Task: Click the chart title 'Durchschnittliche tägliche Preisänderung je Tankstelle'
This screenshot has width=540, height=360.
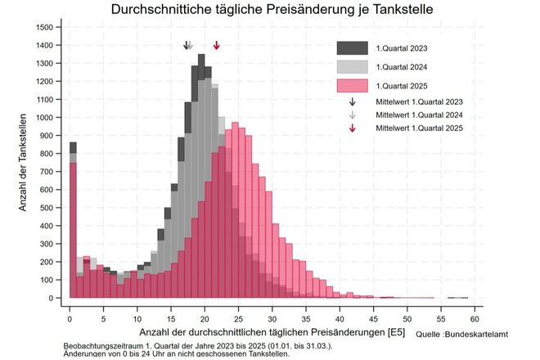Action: click(x=273, y=10)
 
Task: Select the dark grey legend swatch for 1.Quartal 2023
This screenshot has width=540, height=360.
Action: click(x=353, y=48)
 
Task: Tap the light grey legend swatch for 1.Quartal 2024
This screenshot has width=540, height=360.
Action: click(x=353, y=67)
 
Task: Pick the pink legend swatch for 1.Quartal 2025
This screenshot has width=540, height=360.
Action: click(x=353, y=86)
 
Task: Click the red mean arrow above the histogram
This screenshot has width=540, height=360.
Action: click(x=216, y=46)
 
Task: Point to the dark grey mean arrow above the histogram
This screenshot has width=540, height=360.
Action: click(x=186, y=46)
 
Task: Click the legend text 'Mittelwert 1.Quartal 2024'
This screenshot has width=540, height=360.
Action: click(x=419, y=115)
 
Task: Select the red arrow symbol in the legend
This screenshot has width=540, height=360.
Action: click(x=352, y=128)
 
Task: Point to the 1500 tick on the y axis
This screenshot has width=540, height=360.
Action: click(x=45, y=27)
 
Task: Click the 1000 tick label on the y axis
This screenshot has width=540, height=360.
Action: click(x=45, y=118)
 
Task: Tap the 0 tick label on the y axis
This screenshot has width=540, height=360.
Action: click(x=51, y=299)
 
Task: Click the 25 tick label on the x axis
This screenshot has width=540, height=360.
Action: click(x=238, y=318)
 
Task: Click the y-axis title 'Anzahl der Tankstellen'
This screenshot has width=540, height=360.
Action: click(x=24, y=164)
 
